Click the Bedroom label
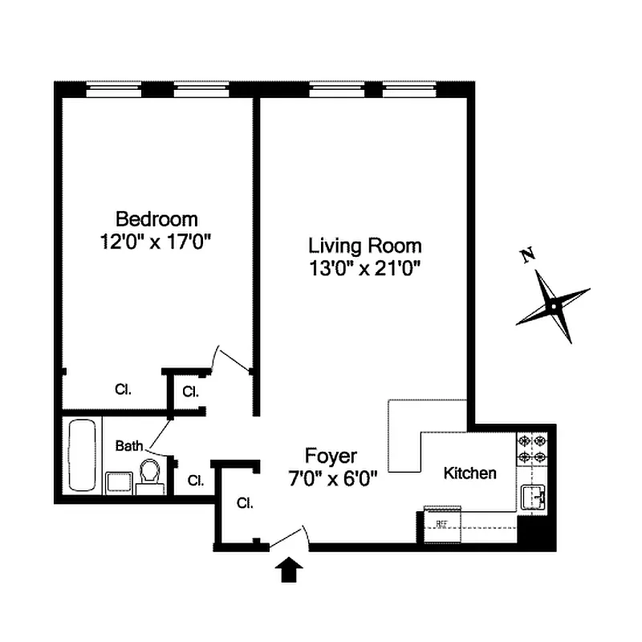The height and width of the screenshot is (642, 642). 156,218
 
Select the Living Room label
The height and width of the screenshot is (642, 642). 365,246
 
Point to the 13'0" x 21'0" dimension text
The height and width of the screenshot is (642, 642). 365,268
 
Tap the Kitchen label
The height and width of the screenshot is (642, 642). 469,473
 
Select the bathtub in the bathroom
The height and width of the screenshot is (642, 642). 81,454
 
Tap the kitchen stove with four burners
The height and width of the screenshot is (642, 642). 531,449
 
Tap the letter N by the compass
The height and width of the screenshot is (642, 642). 527,257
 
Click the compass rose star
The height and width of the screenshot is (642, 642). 553,306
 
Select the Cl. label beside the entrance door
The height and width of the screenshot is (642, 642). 246,504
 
